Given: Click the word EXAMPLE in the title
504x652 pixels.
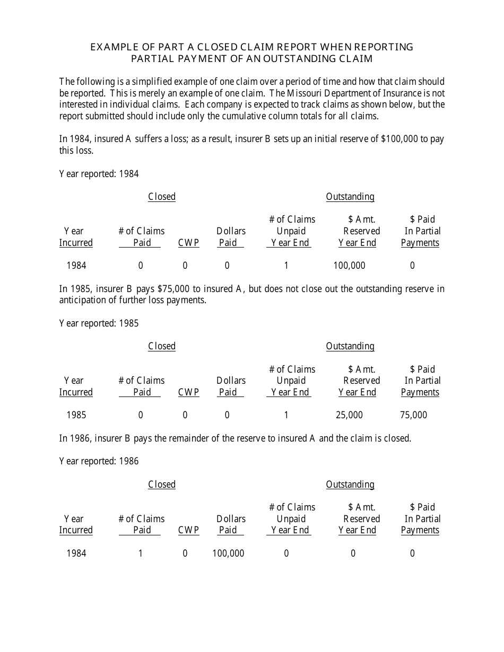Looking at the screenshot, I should [111, 47].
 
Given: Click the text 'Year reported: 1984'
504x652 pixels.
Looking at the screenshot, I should [99, 174].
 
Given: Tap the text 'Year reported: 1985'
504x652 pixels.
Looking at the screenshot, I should [99, 323].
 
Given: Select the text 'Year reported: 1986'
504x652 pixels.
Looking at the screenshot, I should [99, 461].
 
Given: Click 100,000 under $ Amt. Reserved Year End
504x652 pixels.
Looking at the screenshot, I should [349, 266].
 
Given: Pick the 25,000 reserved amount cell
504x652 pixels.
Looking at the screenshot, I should [349, 415].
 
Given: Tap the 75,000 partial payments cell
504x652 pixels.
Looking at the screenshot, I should [413, 415].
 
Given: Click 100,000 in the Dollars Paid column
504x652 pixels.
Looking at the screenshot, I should [228, 553].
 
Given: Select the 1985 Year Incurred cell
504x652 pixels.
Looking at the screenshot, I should [76, 415].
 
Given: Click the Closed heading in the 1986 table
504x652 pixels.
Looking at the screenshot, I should [162, 484].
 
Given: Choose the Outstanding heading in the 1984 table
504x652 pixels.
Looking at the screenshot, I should [350, 197].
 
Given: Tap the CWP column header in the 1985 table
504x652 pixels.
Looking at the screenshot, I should [188, 392].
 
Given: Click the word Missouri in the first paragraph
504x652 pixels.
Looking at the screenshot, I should [302, 93].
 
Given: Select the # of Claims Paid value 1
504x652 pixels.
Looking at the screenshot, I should [141, 553].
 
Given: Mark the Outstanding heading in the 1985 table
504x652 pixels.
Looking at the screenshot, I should [350, 346].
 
